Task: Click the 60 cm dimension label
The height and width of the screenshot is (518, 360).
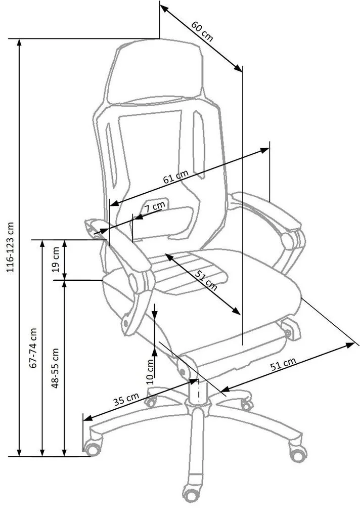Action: tap(203, 31)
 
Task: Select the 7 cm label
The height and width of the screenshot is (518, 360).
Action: tap(155, 207)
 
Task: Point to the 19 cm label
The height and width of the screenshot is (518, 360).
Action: tap(56, 260)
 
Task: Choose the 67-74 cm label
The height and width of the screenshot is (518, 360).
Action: tap(34, 348)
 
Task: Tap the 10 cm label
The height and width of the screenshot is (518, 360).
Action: tap(150, 372)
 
